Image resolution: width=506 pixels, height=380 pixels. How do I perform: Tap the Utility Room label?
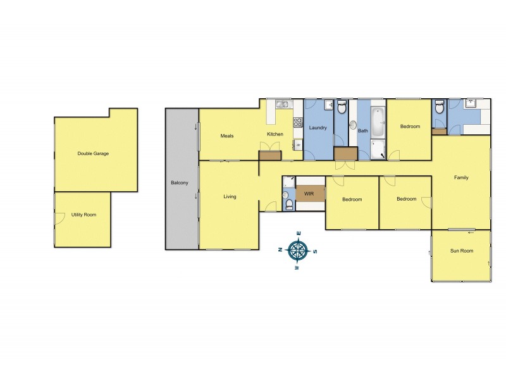pos(83,215)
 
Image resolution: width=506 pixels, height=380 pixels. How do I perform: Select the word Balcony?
pos(180,183)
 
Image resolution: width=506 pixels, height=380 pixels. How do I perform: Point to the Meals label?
pos(227,136)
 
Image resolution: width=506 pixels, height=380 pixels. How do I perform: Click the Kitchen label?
pos(275,134)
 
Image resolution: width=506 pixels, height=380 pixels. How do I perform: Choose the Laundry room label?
pos(318,128)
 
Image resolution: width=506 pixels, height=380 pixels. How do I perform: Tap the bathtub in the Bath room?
pos(377,122)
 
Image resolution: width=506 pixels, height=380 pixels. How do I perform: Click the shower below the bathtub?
pos(377,149)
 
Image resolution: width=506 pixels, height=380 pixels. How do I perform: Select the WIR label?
pos(309,193)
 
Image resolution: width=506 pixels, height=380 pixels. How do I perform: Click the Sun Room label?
pos(461,251)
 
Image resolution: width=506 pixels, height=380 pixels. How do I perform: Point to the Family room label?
pos(461,177)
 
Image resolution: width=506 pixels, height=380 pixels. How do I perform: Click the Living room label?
pos(230,197)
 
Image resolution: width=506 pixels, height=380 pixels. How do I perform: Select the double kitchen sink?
pos(281,104)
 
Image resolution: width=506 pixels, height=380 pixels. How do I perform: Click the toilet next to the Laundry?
pos(342,108)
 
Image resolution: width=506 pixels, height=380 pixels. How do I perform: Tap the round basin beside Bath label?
pos(353,125)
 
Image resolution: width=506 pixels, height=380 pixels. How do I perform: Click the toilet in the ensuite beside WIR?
pos(288,204)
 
